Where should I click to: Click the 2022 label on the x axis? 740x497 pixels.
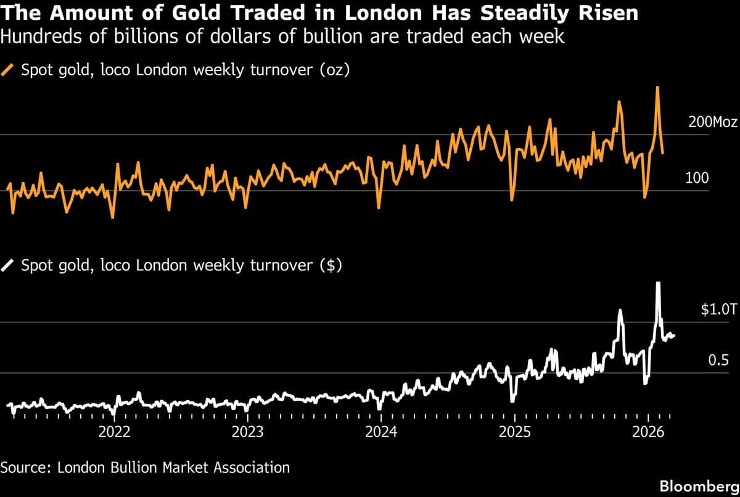[115, 431]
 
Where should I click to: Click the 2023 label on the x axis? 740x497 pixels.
[248, 431]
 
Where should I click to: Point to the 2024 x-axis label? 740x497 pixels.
[381, 431]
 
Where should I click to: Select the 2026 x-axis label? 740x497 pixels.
[648, 431]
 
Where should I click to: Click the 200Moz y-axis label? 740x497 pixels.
[712, 122]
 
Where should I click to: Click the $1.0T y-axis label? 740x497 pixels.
[718, 310]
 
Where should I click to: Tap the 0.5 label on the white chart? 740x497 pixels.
[718, 361]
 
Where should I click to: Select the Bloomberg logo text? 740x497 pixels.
[699, 486]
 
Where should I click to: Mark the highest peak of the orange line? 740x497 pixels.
[657, 87]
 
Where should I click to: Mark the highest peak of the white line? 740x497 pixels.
[658, 283]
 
